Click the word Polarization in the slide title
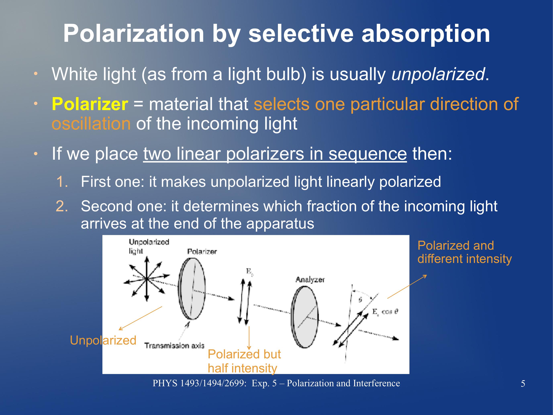[134, 34]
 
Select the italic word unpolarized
[438, 74]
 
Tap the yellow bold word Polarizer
[90, 104]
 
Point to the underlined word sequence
[367, 154]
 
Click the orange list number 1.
[62, 182]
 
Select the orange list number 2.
[62, 206]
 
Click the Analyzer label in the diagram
[310, 279]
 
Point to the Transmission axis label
[174, 346]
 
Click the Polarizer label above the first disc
[202, 251]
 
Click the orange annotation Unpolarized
[103, 340]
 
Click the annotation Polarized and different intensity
[464, 252]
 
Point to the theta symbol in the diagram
[360, 300]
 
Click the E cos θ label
[385, 312]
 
